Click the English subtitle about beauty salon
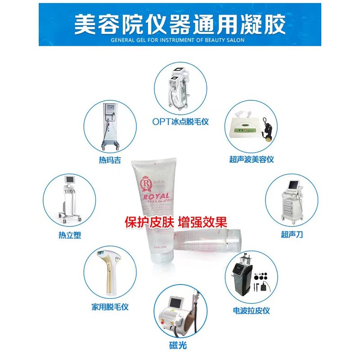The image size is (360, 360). [x=180, y=40]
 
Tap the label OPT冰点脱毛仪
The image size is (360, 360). [x=180, y=121]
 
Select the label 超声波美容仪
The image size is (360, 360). [x=251, y=159]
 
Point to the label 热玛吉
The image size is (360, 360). [x=110, y=160]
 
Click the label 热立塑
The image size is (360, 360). [x=69, y=235]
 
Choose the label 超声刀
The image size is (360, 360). [x=292, y=234]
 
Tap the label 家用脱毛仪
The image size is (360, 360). [x=110, y=307]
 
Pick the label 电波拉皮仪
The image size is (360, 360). [x=251, y=310]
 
